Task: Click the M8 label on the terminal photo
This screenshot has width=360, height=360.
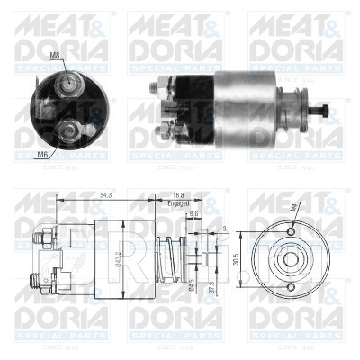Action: pyautogui.click(x=55, y=56)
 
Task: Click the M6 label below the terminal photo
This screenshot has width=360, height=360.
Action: pyautogui.click(x=42, y=155)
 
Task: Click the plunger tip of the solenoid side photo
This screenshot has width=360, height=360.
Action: pyautogui.click(x=325, y=115)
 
